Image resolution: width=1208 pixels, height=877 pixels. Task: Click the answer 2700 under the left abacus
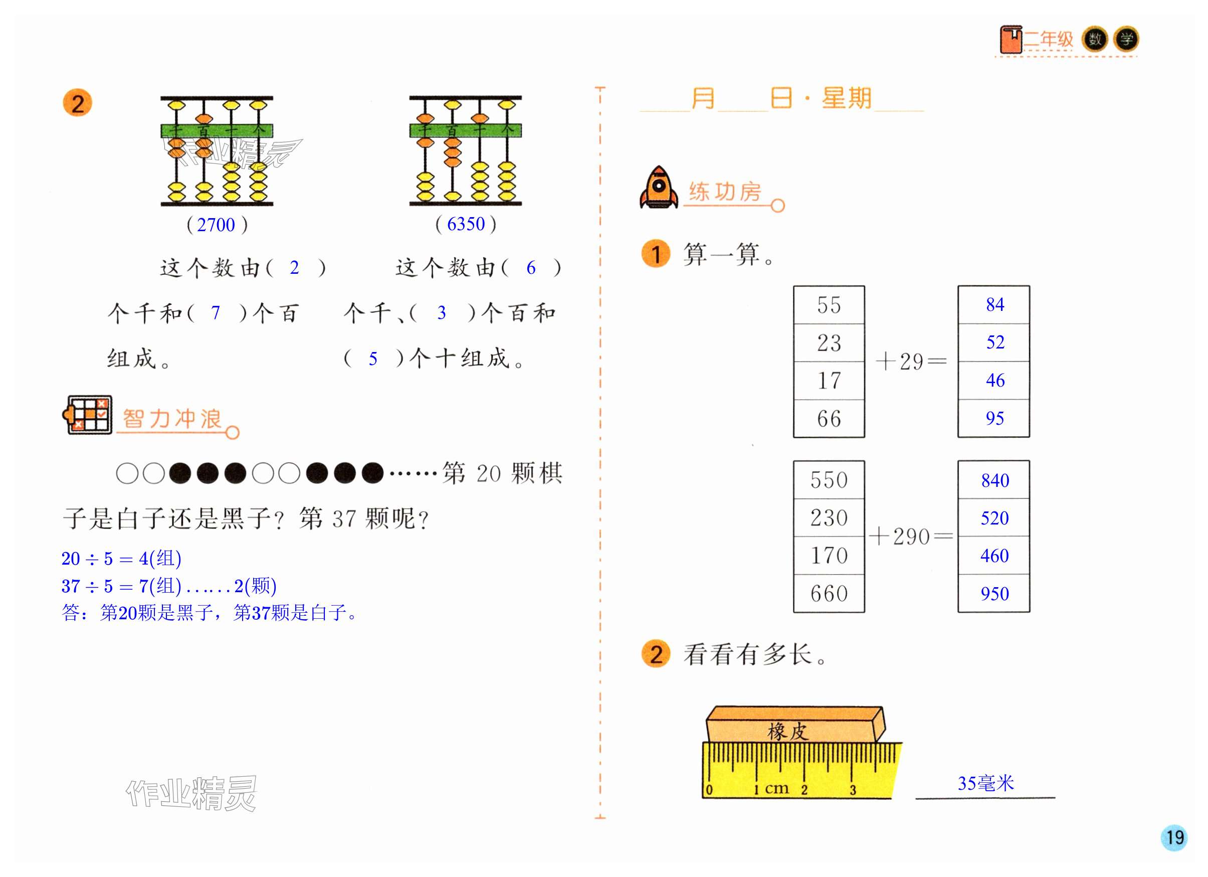(x=216, y=225)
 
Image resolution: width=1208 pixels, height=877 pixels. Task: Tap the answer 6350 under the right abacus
(x=466, y=224)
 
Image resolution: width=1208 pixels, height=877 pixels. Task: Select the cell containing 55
(x=828, y=305)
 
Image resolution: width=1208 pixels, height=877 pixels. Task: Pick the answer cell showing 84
(x=994, y=304)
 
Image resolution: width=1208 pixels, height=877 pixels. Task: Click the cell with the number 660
(x=828, y=593)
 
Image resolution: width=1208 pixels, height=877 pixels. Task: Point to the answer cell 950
(x=994, y=593)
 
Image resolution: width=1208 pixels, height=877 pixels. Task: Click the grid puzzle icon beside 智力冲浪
(x=88, y=415)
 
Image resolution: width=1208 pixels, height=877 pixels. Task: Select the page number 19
(x=1174, y=836)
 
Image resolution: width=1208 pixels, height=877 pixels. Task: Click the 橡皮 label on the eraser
(x=788, y=731)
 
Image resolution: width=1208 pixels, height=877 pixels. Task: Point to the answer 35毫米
(x=985, y=783)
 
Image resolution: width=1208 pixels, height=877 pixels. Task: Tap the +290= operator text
(x=911, y=536)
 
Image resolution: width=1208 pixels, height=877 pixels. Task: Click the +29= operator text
(x=911, y=362)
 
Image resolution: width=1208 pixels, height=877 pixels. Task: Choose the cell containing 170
(x=828, y=555)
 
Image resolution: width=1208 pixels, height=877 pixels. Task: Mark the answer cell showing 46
(x=994, y=380)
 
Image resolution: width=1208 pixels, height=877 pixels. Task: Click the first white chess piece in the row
(x=127, y=473)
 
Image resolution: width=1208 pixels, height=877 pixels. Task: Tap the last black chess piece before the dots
(x=372, y=473)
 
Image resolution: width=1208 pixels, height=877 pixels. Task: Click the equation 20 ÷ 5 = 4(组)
(x=121, y=559)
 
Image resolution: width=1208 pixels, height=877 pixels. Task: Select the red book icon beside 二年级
(x=1011, y=40)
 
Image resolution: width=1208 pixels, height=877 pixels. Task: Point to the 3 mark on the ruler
(x=853, y=790)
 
